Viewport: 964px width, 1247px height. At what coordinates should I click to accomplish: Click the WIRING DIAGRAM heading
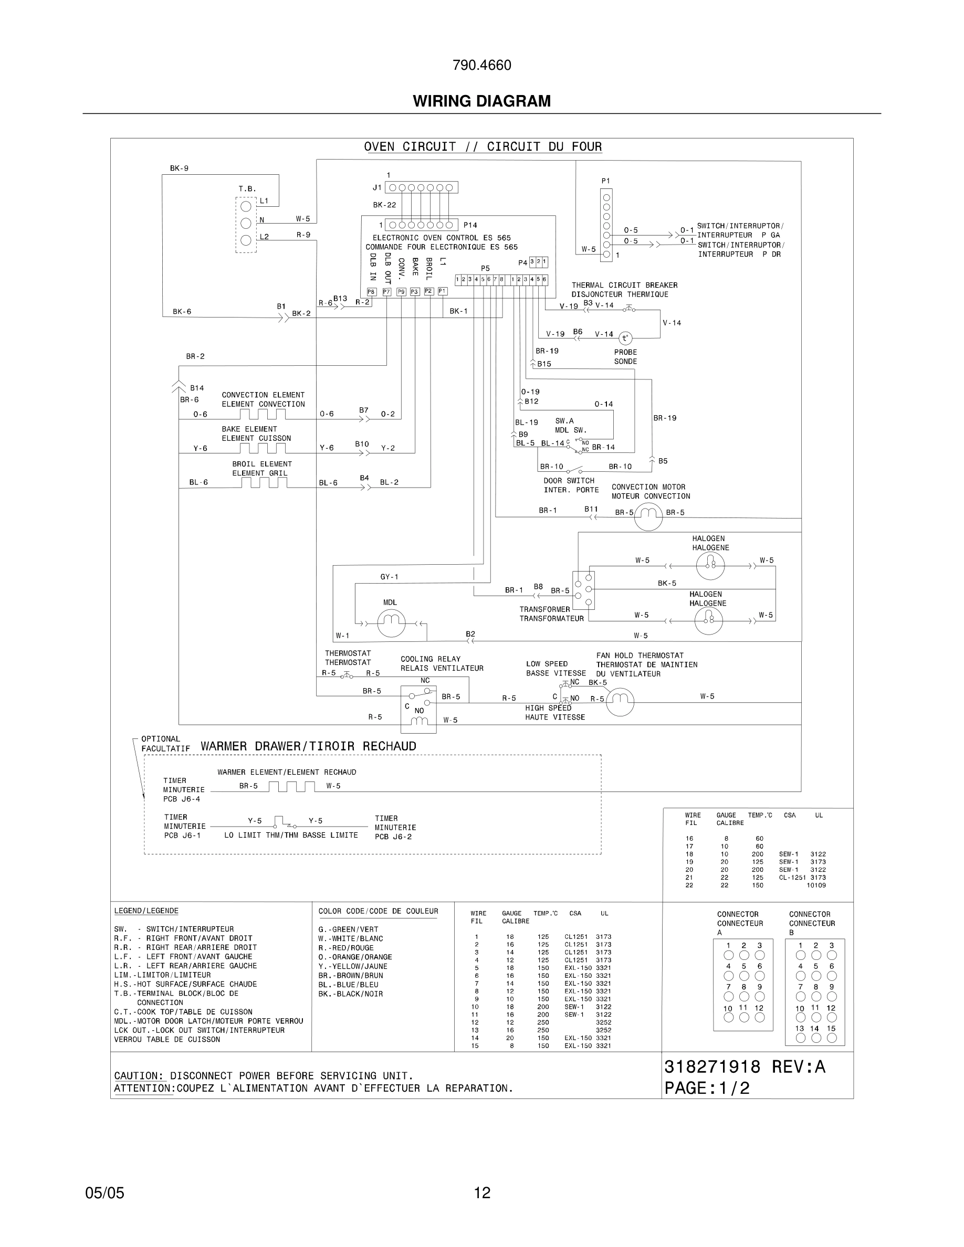[x=481, y=101]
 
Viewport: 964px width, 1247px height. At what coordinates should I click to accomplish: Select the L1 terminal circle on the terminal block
[x=246, y=206]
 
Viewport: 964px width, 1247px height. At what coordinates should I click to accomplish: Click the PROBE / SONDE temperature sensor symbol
[x=625, y=338]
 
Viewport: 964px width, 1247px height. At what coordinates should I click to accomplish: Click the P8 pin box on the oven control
[x=371, y=292]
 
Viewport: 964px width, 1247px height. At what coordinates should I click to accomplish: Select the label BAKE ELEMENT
[x=249, y=429]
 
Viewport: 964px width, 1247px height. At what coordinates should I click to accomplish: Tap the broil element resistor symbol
[x=264, y=483]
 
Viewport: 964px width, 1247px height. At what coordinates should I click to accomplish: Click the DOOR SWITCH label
[x=569, y=481]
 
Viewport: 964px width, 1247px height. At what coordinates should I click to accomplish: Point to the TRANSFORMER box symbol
[x=584, y=590]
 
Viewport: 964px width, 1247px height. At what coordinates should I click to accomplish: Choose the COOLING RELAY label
[x=430, y=659]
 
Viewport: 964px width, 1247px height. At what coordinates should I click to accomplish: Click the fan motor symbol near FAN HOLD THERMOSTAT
[x=620, y=702]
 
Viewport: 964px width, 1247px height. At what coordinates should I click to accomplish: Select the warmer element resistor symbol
[x=291, y=787]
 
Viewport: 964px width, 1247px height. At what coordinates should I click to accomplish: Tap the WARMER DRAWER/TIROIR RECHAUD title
[x=308, y=746]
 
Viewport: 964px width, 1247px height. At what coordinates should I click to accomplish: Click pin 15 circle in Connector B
[x=832, y=1038]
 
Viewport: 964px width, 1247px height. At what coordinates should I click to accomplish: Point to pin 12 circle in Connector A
[x=760, y=1017]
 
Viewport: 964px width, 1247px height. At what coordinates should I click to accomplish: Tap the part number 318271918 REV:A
[x=744, y=1067]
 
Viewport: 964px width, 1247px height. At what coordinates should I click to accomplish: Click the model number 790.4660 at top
[x=481, y=65]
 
